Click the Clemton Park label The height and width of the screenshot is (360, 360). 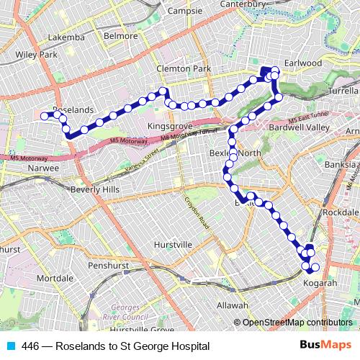tap(184, 69)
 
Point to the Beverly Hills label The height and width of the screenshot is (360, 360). tap(95, 189)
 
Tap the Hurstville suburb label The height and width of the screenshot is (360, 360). tap(173, 245)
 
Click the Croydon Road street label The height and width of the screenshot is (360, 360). tap(195, 214)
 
